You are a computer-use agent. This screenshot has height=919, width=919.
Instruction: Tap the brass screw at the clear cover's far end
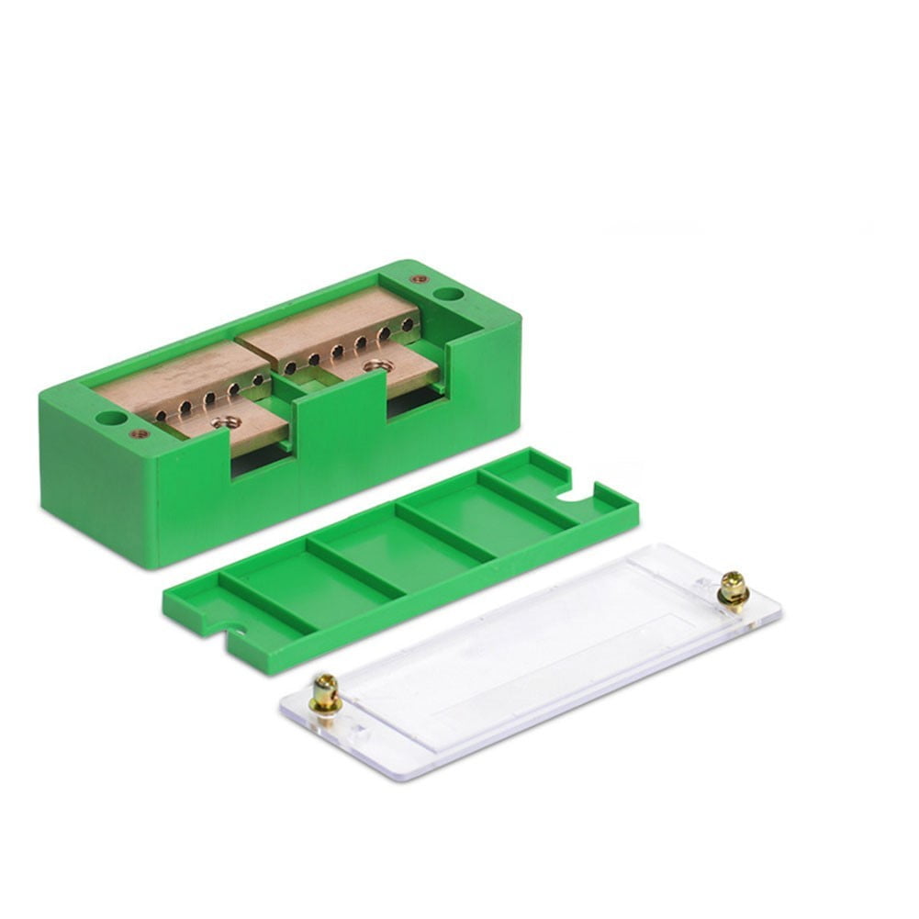click(733, 588)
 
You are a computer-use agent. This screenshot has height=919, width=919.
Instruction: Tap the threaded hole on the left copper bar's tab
click(225, 422)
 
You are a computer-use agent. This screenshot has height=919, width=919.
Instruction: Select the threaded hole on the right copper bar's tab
click(373, 365)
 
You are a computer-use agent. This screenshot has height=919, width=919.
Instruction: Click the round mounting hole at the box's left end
click(111, 419)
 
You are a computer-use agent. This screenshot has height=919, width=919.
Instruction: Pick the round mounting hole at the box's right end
click(448, 295)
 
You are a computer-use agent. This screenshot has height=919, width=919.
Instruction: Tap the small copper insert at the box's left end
click(139, 433)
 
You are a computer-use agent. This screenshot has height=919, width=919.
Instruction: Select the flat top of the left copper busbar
click(174, 376)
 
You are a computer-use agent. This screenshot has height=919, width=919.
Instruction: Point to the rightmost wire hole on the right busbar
click(408, 325)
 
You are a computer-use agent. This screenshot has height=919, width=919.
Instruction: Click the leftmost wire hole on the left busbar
click(162, 416)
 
